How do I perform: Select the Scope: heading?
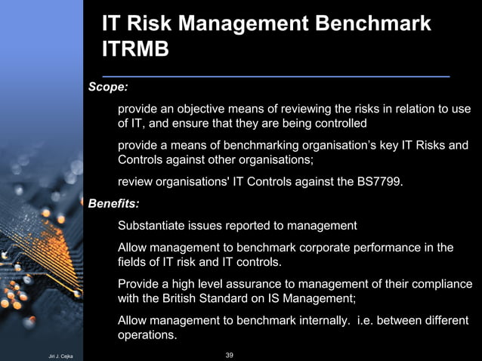pos(109,88)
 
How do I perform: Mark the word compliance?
pos(440,284)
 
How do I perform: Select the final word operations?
pos(147,335)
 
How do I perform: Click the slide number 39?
pos(230,354)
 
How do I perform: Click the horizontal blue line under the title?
pos(276,76)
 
